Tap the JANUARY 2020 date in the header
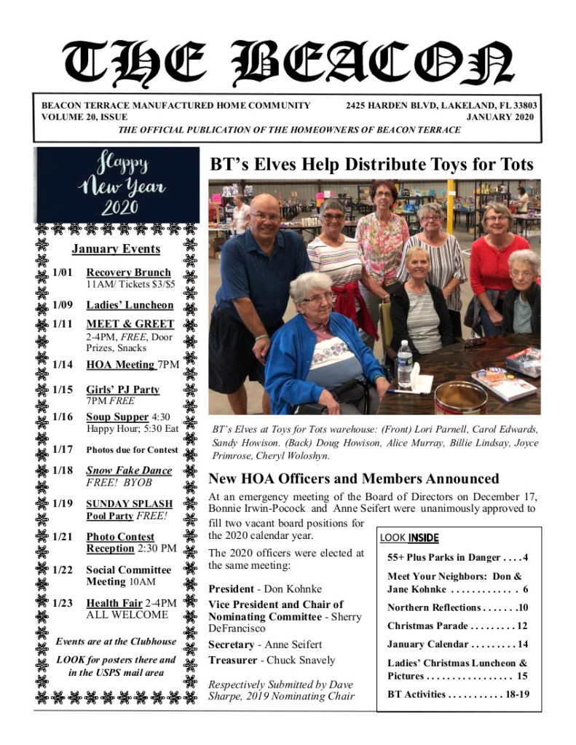[x=500, y=117]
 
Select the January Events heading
[x=116, y=249]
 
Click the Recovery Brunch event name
[x=129, y=272]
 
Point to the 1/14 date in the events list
[x=63, y=364]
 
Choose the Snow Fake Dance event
[x=129, y=470]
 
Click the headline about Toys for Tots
[x=371, y=165]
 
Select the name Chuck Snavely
[x=301, y=661]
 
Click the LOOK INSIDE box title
[x=409, y=538]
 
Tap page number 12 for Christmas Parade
[x=521, y=626]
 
